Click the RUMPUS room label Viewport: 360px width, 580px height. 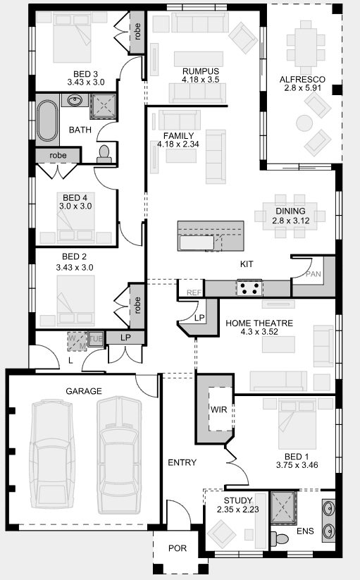[201, 71]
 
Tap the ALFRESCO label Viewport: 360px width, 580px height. [302, 80]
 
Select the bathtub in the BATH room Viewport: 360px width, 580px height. [47, 121]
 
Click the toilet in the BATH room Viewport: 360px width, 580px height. [104, 154]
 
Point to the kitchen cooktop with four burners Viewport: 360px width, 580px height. [249, 288]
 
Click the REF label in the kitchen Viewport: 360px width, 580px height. [194, 292]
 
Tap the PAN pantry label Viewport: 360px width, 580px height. [314, 274]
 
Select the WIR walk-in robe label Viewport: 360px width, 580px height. [219, 409]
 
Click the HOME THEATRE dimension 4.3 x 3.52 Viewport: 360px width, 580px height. [259, 332]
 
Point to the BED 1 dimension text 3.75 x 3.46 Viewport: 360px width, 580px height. [297, 465]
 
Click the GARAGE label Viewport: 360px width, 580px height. [84, 391]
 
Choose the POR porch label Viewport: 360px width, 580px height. [178, 548]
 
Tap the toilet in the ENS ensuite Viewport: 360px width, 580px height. [280, 538]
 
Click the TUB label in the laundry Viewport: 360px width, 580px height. [96, 339]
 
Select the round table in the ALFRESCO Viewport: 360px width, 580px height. [304, 123]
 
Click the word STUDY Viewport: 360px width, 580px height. [238, 501]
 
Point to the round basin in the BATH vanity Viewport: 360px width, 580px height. [76, 99]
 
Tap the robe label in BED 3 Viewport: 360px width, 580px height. [137, 32]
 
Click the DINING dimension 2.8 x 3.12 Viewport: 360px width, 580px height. [291, 221]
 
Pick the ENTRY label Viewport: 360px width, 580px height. [182, 462]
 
